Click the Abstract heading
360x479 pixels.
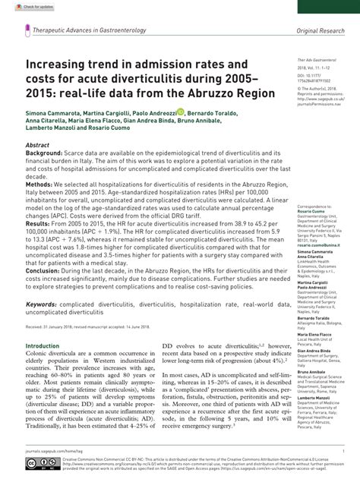pyautogui.click(x=38, y=143)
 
